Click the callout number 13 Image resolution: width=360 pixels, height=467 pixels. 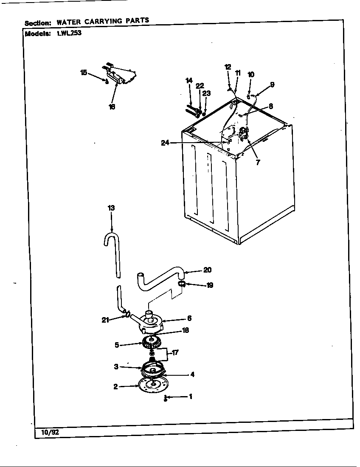coord(111,208)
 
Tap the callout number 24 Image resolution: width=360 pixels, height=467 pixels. coord(166,143)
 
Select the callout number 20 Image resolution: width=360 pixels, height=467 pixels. coord(207,270)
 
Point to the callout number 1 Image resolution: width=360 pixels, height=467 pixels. coord(190,397)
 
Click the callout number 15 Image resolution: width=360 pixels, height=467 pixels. coord(84,73)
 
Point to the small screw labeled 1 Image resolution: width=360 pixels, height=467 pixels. coord(165,398)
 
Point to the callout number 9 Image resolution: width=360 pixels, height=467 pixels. coord(272,84)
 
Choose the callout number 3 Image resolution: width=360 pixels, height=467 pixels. coord(116,367)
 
